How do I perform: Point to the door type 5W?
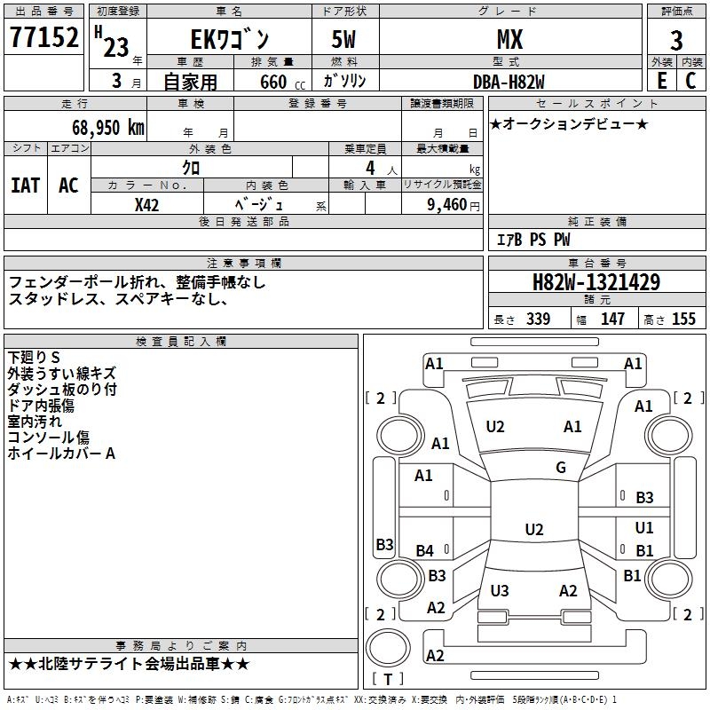tap(345, 40)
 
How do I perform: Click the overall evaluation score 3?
tap(676, 41)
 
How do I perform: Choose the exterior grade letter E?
tap(661, 80)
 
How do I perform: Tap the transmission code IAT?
tap(26, 185)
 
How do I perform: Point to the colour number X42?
tap(147, 205)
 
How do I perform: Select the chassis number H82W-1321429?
tap(596, 282)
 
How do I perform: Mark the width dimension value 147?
tap(612, 319)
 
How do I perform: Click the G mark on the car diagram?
tap(561, 468)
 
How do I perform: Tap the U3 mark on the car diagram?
tap(500, 590)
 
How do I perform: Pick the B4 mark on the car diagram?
tap(425, 551)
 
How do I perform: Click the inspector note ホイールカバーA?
tap(61, 454)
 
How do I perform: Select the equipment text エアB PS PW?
tap(532, 240)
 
